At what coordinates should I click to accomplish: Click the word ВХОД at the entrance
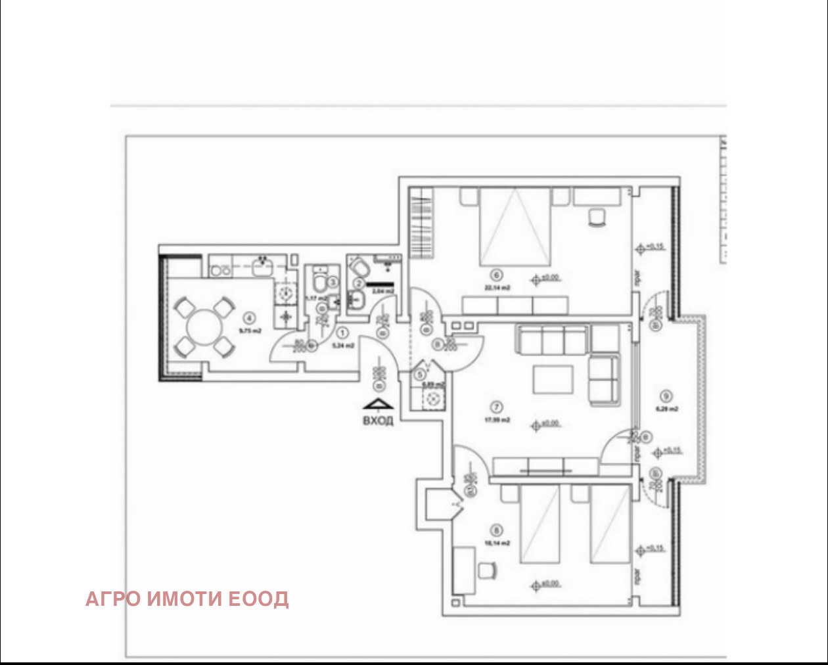pos(378,421)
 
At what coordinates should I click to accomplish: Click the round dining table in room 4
pos(202,327)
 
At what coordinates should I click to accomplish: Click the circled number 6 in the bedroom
pos(497,276)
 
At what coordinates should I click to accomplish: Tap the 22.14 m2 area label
pos(497,288)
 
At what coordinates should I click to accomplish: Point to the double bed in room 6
pos(515,227)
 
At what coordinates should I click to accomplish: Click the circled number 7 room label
pos(497,407)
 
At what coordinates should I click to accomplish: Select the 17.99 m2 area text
pos(497,420)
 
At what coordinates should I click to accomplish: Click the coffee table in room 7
pos(553,379)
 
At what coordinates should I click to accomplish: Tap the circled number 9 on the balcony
pos(666,396)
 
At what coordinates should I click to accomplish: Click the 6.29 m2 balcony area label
pos(666,409)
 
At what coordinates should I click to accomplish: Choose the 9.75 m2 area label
pos(250,331)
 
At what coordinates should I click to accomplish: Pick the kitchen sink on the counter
pos(262,265)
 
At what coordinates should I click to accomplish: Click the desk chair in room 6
pos(596,217)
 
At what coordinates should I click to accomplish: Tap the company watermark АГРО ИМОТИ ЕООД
pos(187,599)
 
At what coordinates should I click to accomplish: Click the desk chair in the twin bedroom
pos(486,570)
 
